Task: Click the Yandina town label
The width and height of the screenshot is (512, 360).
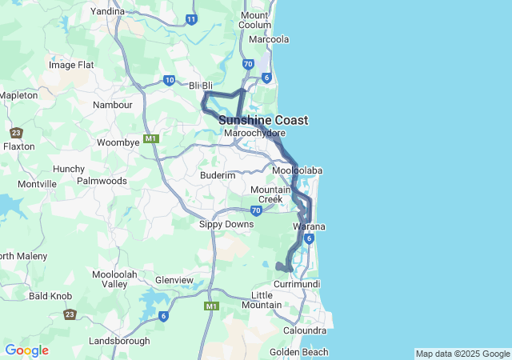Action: point(108,11)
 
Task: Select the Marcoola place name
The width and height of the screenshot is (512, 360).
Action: point(269,39)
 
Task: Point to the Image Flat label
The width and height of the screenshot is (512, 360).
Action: point(72,65)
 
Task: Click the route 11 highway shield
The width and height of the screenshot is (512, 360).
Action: point(190,19)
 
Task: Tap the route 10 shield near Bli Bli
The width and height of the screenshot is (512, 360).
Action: point(169,80)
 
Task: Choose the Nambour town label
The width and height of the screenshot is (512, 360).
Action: point(112,105)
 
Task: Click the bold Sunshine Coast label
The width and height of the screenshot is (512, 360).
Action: point(263,120)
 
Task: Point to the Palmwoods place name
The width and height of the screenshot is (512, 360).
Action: point(102,181)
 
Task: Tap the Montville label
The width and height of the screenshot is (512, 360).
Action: point(38,184)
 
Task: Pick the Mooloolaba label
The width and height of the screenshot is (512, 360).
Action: point(297,171)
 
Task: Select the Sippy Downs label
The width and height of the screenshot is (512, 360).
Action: point(226,224)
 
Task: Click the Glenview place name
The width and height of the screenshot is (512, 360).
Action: point(174,280)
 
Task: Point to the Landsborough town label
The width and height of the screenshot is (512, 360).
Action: point(119,340)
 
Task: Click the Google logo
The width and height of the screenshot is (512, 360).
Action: point(26,350)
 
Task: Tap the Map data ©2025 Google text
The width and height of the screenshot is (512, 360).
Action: point(462,354)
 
